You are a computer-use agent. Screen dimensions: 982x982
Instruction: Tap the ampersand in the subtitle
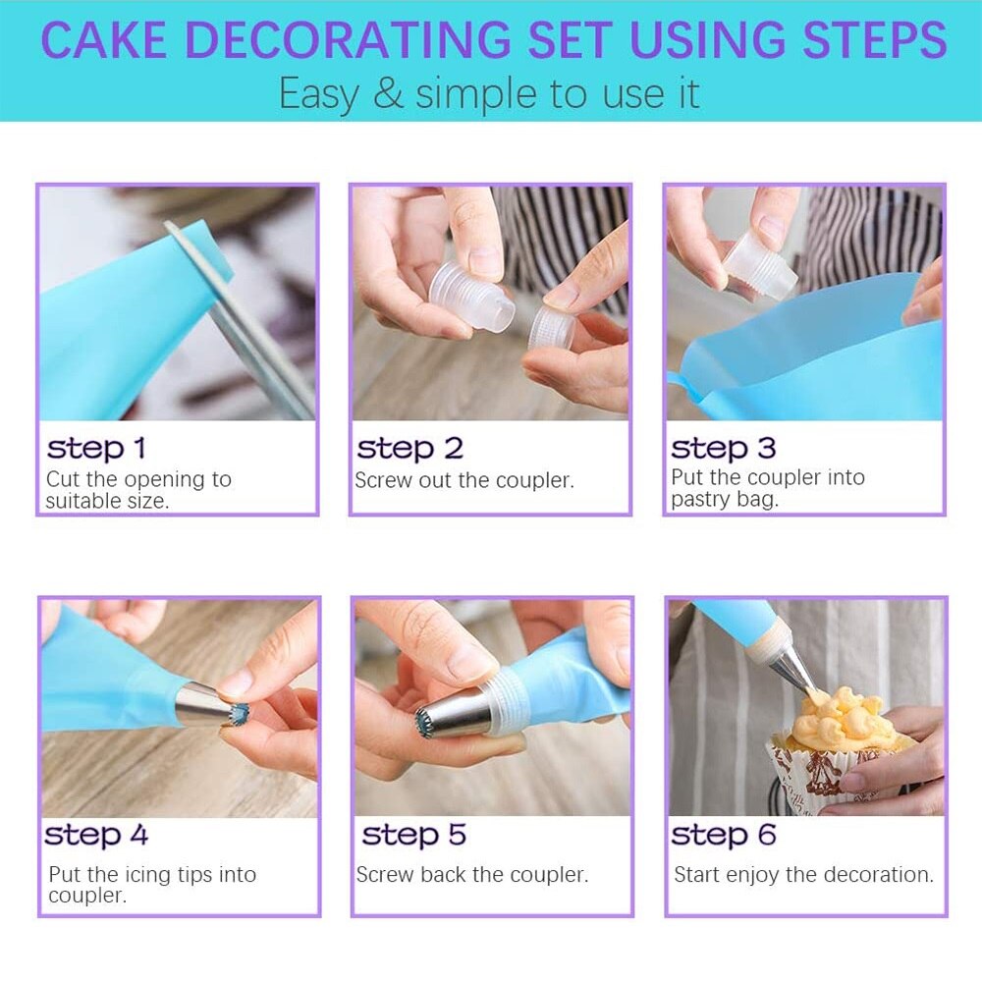(388, 94)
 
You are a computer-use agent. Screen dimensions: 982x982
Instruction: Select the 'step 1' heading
(96, 449)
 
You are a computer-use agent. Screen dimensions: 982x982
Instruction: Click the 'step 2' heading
(409, 449)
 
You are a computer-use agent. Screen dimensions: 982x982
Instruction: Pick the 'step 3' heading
(723, 449)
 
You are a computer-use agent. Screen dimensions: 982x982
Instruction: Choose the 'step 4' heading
(96, 835)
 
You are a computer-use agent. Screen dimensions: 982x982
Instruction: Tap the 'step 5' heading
(413, 835)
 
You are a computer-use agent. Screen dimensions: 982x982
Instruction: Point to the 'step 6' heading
(723, 835)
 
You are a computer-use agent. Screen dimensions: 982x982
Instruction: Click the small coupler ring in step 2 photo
(551, 329)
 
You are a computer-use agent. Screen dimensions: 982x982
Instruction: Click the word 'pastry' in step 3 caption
(699, 499)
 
